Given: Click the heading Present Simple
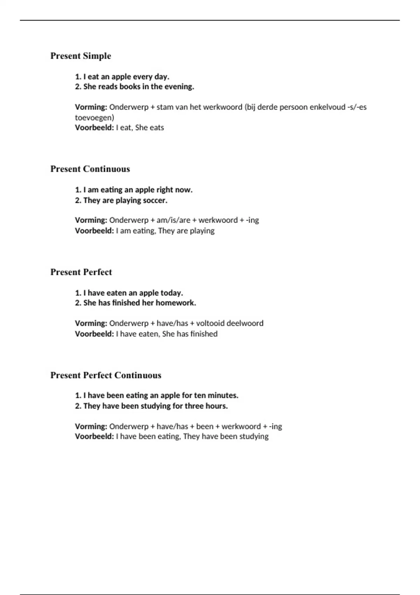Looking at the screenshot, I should click(80, 56).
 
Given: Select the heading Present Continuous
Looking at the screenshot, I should click(90, 169).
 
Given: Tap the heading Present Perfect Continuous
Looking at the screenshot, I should click(106, 375).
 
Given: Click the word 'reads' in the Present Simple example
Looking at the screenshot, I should click(108, 87).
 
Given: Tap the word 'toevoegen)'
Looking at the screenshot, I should click(94, 118).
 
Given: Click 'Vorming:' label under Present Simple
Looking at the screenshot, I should click(91, 107).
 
